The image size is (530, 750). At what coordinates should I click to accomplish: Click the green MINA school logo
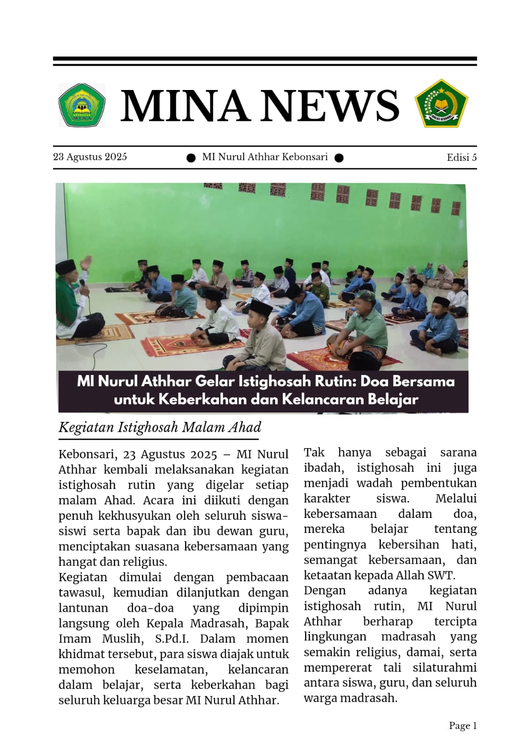82,105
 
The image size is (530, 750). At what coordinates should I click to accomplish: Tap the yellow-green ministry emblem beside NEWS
441,104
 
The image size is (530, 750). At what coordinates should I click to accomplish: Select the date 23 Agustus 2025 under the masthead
90,157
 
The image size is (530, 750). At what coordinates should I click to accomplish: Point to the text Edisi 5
462,157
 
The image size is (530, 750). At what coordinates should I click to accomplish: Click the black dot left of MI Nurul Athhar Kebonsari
191,158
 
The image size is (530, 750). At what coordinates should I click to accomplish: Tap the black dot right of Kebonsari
339,158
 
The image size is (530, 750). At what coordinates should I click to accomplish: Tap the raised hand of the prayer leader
85,262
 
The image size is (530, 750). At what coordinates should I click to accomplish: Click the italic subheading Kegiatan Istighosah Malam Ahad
159,427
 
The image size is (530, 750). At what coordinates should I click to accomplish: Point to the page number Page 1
463,726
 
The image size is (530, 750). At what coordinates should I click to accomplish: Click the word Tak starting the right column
314,452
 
